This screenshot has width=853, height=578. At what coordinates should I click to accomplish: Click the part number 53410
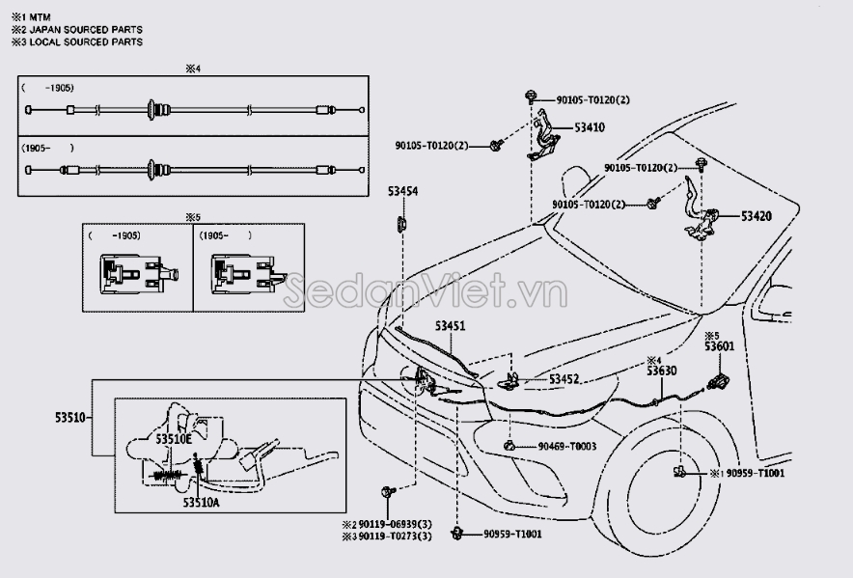(590, 126)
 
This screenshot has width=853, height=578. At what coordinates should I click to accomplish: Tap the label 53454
(403, 191)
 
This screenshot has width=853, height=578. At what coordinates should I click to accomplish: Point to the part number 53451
(450, 327)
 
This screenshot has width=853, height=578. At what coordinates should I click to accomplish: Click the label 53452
(564, 379)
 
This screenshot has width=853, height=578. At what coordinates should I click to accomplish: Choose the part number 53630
(662, 371)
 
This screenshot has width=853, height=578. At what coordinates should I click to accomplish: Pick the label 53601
(719, 346)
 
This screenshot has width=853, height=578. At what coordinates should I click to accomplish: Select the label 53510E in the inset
(175, 438)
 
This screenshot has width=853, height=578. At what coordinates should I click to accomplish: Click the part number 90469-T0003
(567, 446)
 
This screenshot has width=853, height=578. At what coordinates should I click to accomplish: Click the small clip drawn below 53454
(402, 225)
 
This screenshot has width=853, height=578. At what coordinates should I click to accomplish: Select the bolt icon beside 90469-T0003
(509, 446)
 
